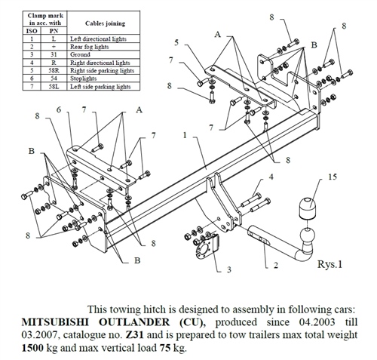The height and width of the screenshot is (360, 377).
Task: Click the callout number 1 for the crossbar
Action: pyautogui.click(x=185, y=134)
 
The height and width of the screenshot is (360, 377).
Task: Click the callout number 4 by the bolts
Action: pyautogui.click(x=269, y=177)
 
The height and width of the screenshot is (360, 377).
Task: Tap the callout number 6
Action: pyautogui.click(x=59, y=111)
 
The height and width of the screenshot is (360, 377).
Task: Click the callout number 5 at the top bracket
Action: pyautogui.click(x=176, y=42)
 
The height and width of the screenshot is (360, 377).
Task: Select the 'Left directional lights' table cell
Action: pyautogui.click(x=93, y=38)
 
